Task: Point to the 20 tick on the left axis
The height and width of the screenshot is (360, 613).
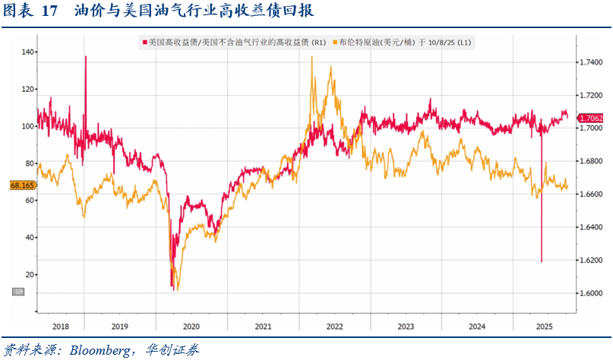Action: [29, 275]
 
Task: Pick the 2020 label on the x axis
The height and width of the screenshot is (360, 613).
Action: [191, 326]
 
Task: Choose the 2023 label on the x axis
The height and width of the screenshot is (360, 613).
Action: [406, 326]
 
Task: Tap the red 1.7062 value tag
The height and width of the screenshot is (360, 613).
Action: [590, 118]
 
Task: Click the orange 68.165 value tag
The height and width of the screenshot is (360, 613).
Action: [23, 185]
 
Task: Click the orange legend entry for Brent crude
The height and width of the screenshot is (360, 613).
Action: [409, 42]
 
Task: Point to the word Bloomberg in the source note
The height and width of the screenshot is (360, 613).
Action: [98, 350]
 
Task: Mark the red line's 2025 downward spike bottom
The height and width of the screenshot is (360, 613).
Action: [542, 262]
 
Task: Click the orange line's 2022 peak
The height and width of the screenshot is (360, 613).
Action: [312, 57]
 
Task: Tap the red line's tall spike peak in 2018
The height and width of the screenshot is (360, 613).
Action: [85, 56]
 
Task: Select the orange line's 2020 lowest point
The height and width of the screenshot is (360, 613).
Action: [176, 290]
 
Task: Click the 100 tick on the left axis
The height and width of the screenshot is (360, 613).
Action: [27, 127]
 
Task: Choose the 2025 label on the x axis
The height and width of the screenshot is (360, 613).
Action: [543, 326]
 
